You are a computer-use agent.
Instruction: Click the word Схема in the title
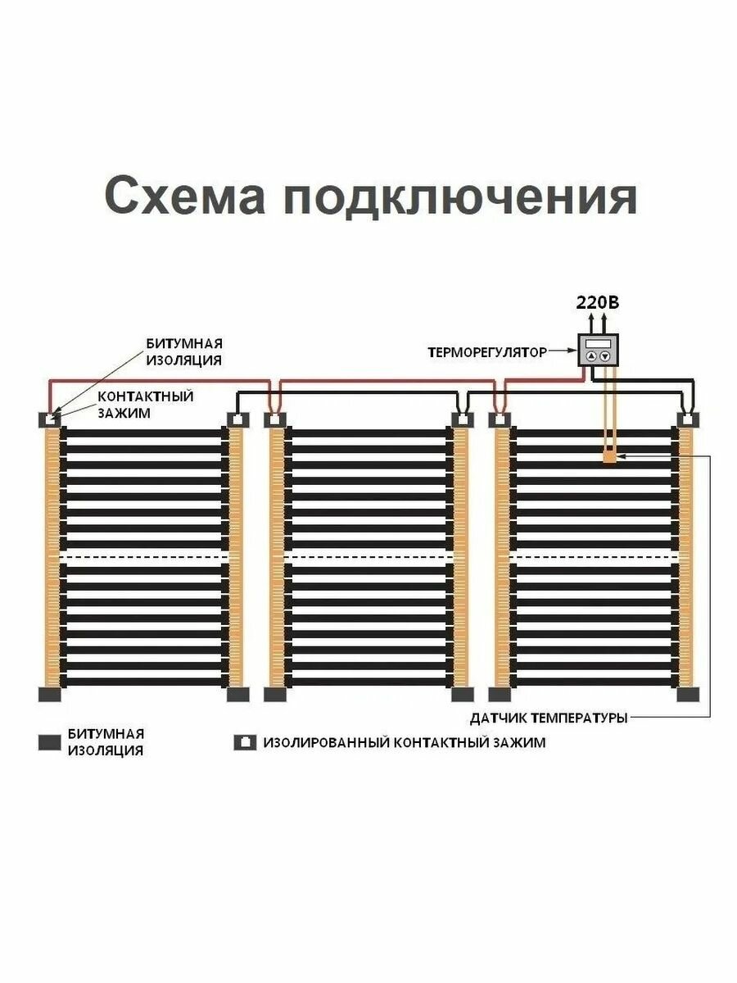click(185, 197)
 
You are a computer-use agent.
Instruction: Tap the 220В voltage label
click(598, 302)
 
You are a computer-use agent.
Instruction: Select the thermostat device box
click(598, 350)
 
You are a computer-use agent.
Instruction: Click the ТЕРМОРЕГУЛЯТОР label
click(486, 353)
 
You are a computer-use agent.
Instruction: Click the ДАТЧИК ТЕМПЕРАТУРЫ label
click(549, 718)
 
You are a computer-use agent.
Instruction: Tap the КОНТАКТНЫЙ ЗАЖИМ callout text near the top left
click(145, 405)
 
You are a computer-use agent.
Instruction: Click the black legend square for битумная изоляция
click(50, 742)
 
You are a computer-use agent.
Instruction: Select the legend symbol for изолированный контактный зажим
click(245, 742)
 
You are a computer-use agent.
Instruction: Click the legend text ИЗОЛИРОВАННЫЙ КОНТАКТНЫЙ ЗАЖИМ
click(404, 743)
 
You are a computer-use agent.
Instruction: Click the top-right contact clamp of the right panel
click(688, 419)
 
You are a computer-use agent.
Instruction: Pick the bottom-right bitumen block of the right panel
click(688, 695)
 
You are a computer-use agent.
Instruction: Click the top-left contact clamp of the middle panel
click(275, 419)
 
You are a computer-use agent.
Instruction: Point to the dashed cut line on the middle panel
click(368, 558)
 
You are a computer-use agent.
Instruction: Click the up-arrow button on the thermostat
click(591, 356)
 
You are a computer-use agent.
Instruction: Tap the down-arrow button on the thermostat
click(605, 356)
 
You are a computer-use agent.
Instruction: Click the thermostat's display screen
click(598, 342)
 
